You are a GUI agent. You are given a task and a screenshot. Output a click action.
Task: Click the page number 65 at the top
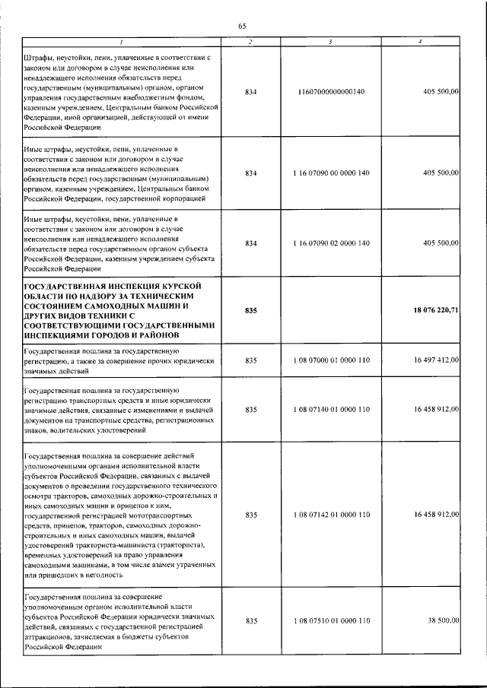242,26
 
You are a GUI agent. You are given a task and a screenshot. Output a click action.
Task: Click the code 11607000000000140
332,91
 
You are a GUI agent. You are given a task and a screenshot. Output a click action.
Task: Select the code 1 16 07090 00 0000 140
332,173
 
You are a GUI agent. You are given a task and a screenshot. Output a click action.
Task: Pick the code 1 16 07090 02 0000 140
332,243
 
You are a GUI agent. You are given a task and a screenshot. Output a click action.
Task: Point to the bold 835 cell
251,310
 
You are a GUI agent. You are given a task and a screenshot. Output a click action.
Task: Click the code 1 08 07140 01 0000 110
332,410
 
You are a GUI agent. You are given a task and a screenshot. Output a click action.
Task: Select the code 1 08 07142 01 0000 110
332,515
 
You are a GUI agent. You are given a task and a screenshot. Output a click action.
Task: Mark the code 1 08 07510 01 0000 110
332,621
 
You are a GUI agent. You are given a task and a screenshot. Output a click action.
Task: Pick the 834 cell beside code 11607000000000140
251,91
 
